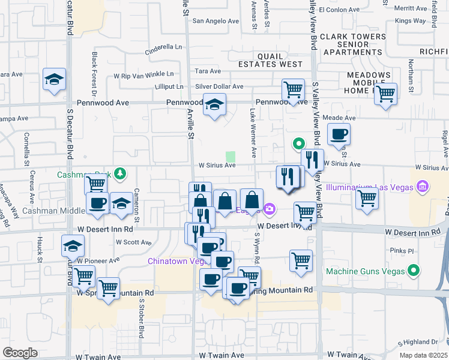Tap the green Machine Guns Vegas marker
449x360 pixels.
tap(413, 272)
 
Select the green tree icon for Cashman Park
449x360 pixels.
tap(121, 175)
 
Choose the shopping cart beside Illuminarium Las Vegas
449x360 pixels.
tap(367, 197)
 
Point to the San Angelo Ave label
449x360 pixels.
tap(215, 21)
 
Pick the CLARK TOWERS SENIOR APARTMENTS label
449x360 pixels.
tap(353, 44)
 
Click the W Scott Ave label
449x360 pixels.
tap(133, 242)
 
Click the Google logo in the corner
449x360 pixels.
tap(20, 352)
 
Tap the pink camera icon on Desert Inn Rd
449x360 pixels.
tap(270, 209)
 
